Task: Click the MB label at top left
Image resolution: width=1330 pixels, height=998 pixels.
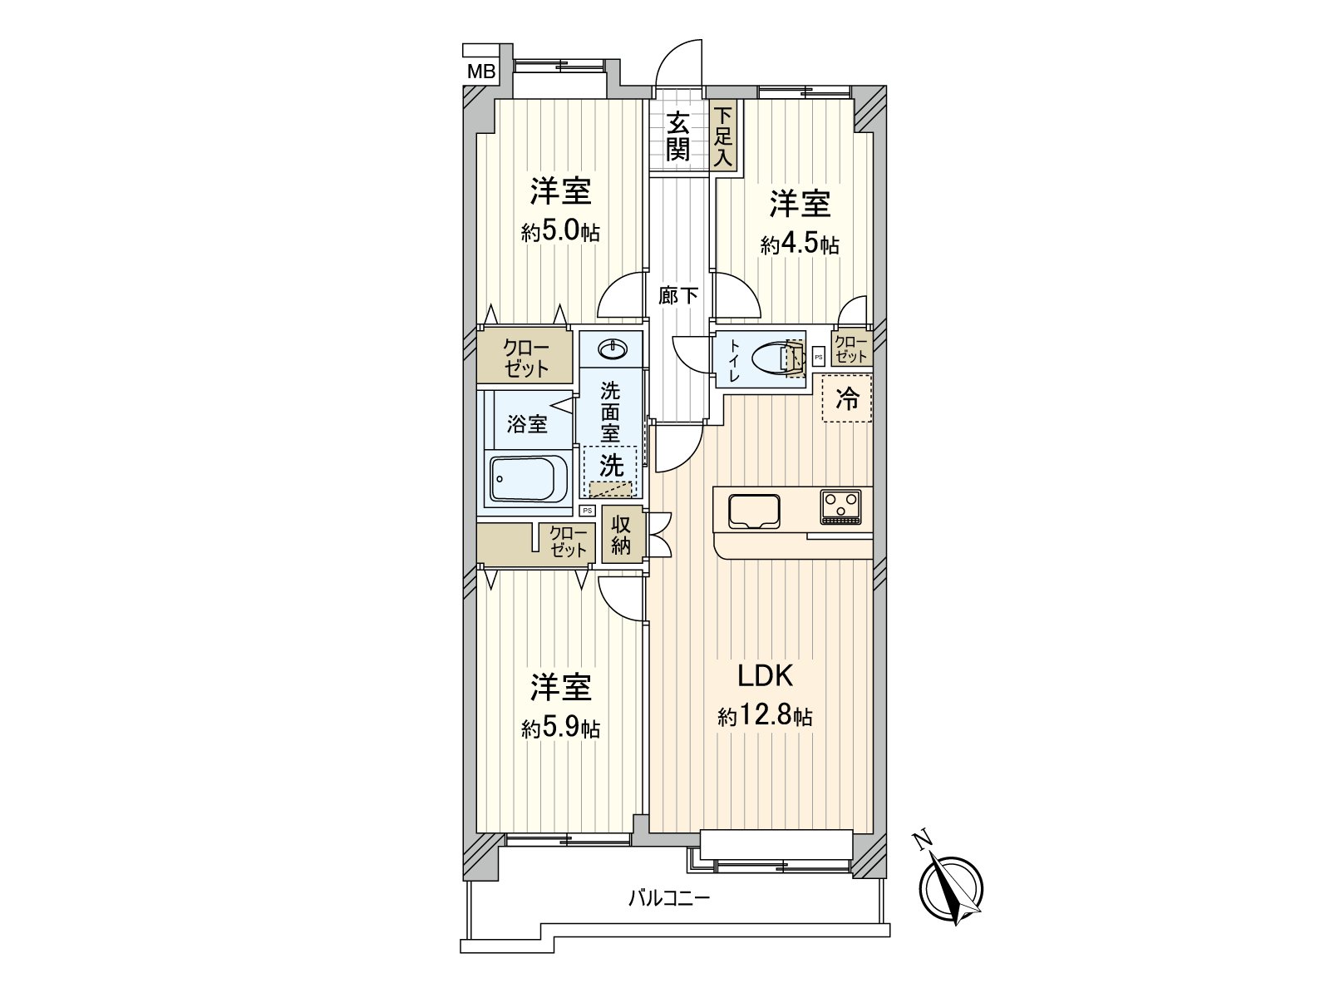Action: point(480,72)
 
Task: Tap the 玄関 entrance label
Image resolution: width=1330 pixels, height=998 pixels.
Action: point(678,136)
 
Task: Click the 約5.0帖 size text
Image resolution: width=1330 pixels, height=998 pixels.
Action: point(561,232)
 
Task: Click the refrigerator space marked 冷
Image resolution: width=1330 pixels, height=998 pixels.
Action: point(847,399)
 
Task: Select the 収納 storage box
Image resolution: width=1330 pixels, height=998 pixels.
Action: point(621,535)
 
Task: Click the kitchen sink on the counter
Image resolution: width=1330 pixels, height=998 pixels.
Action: point(754,511)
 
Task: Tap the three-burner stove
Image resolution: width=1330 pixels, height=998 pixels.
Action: point(841,506)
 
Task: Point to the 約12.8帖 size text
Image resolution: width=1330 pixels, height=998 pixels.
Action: point(765,716)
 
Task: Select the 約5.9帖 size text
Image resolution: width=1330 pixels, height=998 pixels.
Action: point(561,729)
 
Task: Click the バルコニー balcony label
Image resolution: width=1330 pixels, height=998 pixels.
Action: point(669,898)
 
